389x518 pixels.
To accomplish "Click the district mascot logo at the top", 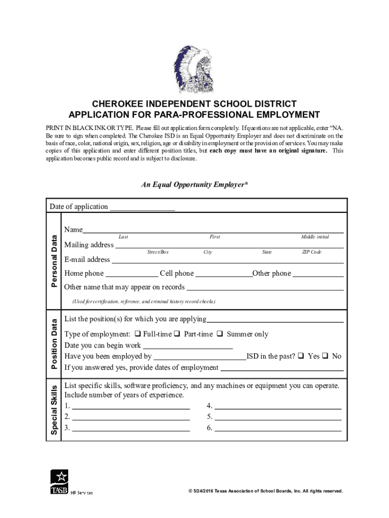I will pos(194,68).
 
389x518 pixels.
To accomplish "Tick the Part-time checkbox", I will pos(177,334).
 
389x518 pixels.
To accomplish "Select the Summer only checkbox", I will pos(220,334).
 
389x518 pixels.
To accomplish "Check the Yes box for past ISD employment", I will pos(301,356).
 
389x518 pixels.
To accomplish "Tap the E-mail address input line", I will pos(227,261).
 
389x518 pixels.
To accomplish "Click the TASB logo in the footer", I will pos(60,482).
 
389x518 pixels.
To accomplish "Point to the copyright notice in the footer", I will pos(265,491).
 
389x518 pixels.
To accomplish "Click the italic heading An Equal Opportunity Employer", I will pos(194,185).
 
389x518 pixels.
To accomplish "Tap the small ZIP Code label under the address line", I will pos(312,252).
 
